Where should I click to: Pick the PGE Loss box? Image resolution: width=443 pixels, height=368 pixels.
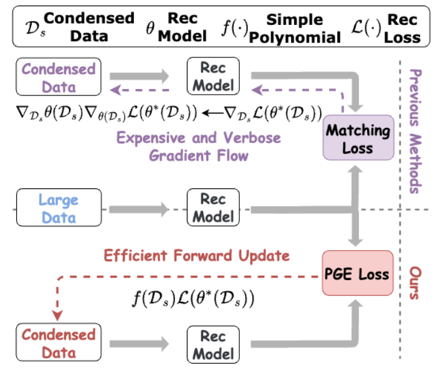click(x=357, y=273)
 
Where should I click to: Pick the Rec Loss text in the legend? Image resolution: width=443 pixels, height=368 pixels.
click(x=402, y=28)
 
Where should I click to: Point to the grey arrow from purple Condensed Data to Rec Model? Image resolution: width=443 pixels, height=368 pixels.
click(x=140, y=75)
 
